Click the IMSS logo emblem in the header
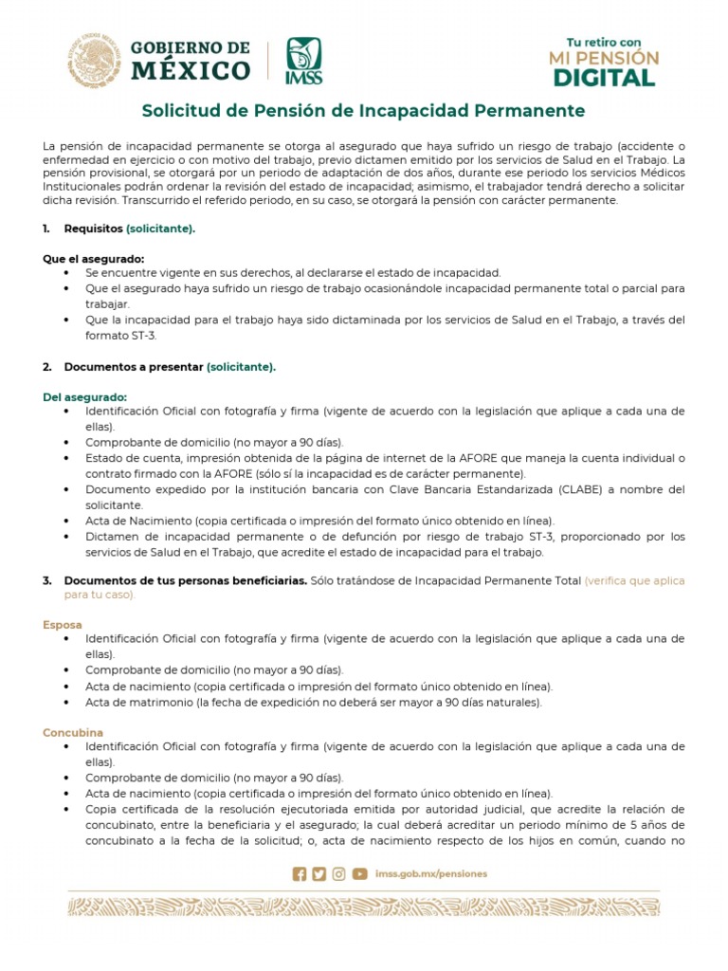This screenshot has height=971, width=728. tap(304, 60)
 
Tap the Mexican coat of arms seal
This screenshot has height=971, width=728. tap(94, 60)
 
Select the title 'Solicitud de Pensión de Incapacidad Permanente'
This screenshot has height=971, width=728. tap(363, 111)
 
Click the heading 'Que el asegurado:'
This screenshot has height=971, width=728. tap(93, 259)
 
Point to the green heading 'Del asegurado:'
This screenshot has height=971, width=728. tap(84, 396)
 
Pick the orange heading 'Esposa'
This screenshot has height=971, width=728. tap(62, 625)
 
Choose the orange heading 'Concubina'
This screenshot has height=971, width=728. tap(73, 733)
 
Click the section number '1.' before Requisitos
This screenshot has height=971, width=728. tap(47, 229)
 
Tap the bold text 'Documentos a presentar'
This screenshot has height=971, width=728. tap(134, 366)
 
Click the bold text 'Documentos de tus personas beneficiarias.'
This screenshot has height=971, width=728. tap(185, 580)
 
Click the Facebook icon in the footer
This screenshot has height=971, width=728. tap(300, 874)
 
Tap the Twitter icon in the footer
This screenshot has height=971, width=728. tap(318, 874)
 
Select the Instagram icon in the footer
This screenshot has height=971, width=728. tap(338, 874)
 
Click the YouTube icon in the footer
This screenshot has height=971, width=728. tap(359, 874)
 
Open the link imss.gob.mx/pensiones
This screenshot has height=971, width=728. tap(430, 874)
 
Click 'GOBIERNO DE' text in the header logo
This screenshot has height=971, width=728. tap(190, 48)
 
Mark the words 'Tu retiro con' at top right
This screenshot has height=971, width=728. tap(604, 42)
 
